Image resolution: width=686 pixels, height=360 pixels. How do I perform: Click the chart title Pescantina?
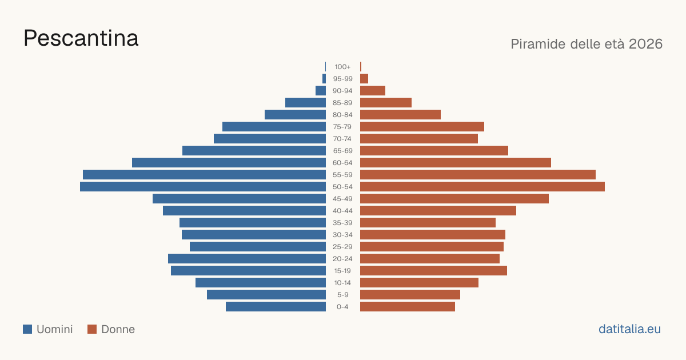pyautogui.click(x=81, y=38)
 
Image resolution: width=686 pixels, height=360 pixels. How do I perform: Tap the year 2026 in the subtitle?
pyautogui.click(x=645, y=44)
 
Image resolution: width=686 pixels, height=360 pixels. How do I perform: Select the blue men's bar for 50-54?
pyautogui.click(x=203, y=187)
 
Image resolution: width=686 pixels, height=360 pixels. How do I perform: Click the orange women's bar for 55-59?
pyautogui.click(x=478, y=175)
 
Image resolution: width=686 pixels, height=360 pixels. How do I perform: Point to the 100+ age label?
pyautogui.click(x=342, y=67)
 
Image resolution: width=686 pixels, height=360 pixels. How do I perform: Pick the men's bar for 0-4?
pyautogui.click(x=276, y=307)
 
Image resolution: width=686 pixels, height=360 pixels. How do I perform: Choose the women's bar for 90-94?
pyautogui.click(x=373, y=91)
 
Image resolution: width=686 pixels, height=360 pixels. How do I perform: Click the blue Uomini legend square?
pyautogui.click(x=27, y=329)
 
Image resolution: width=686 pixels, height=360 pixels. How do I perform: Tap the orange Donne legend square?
pyautogui.click(x=92, y=329)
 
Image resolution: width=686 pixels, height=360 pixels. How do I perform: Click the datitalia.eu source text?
pyautogui.click(x=629, y=329)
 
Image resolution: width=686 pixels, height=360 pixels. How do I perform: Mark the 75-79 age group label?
pyautogui.click(x=342, y=127)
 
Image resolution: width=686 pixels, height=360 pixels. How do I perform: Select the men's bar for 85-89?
pyautogui.click(x=305, y=102)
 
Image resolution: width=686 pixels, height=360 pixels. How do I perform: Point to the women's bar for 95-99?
pyautogui.click(x=364, y=79)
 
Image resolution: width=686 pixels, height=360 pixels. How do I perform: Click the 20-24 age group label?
pyautogui.click(x=342, y=259)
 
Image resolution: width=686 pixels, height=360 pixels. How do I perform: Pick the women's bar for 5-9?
pyautogui.click(x=410, y=295)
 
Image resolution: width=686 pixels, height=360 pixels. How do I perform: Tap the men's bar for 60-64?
pyautogui.click(x=229, y=162)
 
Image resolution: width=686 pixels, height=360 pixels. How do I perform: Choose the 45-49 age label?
pyautogui.click(x=342, y=199)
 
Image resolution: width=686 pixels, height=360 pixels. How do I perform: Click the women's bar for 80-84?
pyautogui.click(x=400, y=115)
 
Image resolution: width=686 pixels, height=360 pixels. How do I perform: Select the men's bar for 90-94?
pyautogui.click(x=321, y=91)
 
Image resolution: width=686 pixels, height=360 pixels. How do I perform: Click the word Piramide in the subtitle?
pyautogui.click(x=538, y=44)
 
